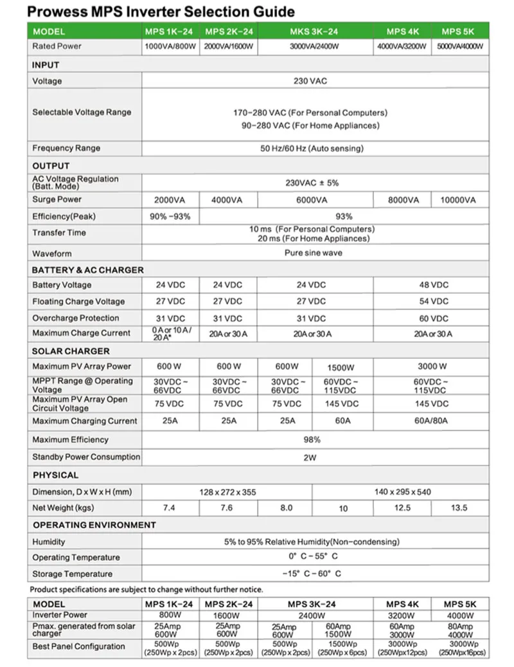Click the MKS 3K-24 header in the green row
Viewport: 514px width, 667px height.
click(x=312, y=32)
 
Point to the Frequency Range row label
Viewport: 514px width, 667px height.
click(x=66, y=148)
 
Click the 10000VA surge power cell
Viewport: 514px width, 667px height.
click(x=459, y=200)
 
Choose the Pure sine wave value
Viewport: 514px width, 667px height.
click(x=313, y=253)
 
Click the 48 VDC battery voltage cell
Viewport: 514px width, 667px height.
click(x=430, y=285)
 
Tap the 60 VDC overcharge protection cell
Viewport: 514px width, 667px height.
click(x=430, y=318)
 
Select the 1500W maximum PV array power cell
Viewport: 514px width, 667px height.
click(x=341, y=367)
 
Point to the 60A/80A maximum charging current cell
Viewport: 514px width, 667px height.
click(x=430, y=421)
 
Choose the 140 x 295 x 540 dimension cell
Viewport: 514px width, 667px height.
click(x=403, y=492)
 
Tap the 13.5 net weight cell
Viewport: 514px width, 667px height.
click(x=459, y=508)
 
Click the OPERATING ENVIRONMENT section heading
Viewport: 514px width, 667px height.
click(x=94, y=525)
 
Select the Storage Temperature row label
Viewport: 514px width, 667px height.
click(x=72, y=574)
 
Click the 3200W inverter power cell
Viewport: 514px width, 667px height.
click(x=403, y=615)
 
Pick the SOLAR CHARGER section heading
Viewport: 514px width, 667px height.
click(x=71, y=351)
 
